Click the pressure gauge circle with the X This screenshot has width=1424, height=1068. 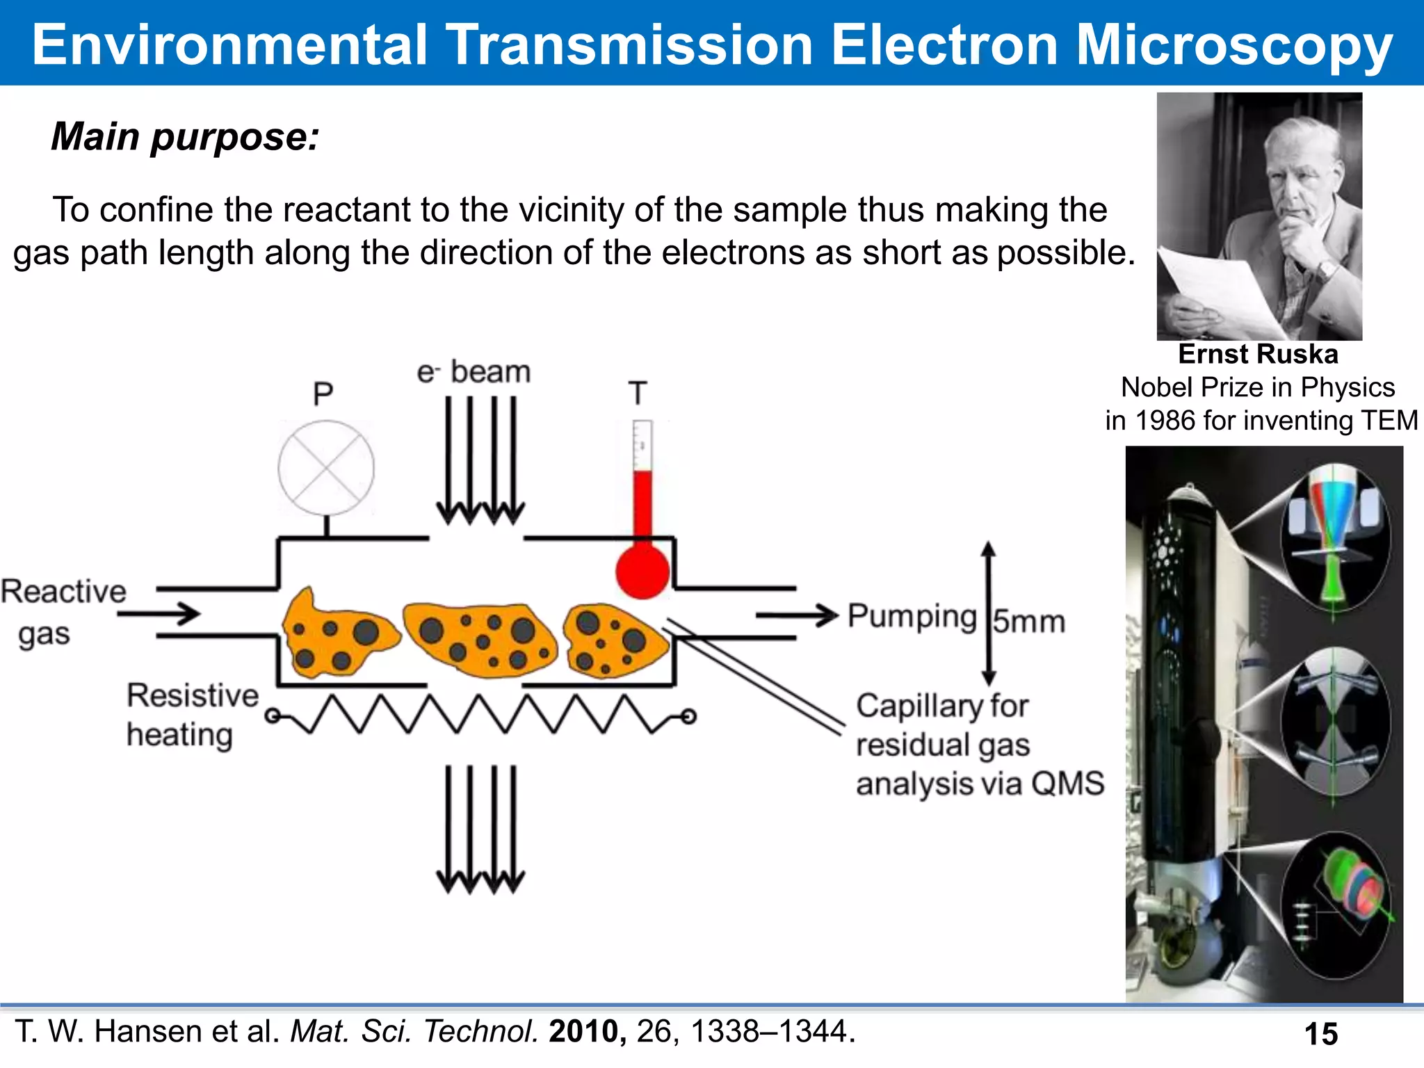pos(326,468)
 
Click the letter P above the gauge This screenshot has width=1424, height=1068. pos(323,394)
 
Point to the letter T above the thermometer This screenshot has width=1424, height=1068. pos(638,394)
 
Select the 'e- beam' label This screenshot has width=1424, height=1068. pos(474,372)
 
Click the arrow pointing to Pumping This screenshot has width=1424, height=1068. pos(797,615)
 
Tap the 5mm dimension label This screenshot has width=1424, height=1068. pos(1028,622)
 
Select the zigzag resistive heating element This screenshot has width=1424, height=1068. pos(480,715)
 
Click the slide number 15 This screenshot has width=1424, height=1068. pos(1321,1034)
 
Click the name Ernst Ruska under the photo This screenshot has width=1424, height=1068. pos(1258,354)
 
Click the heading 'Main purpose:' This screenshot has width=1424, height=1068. pos(185,136)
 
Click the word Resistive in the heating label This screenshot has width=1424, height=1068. pos(193,695)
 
